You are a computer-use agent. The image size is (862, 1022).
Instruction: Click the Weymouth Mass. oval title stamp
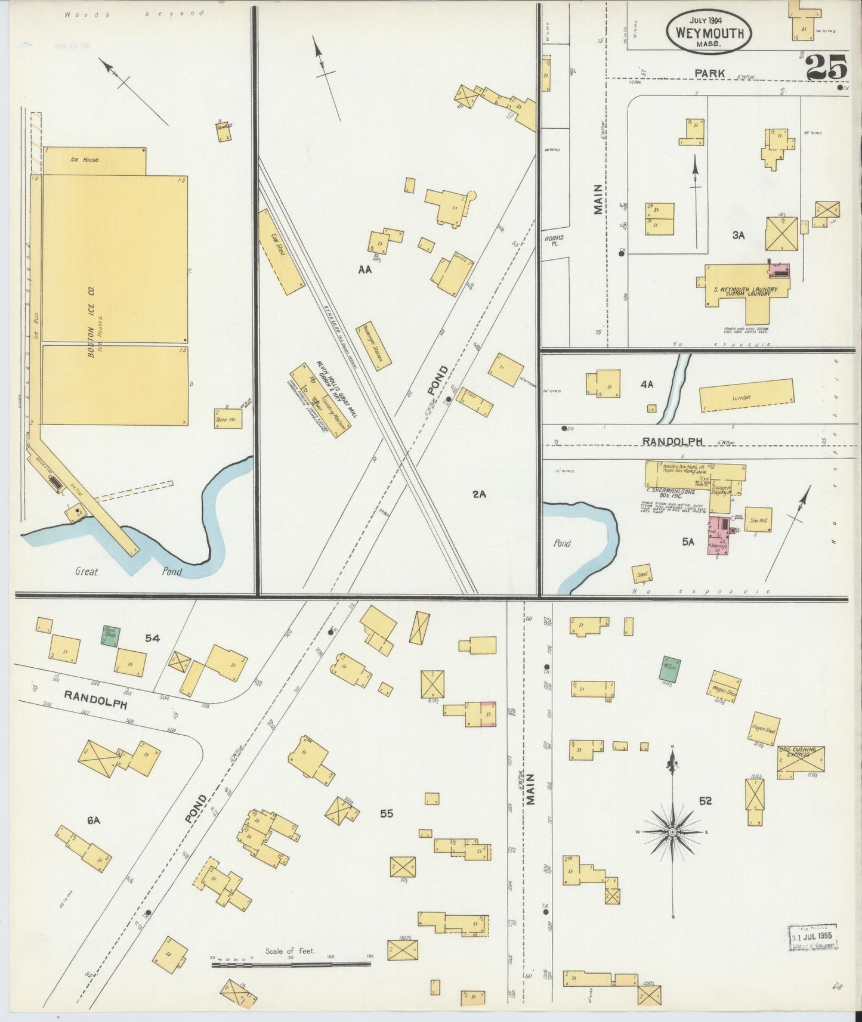pos(709,31)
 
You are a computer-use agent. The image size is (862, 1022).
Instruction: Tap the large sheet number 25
pos(826,67)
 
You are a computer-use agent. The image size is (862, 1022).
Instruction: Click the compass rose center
pos(672,831)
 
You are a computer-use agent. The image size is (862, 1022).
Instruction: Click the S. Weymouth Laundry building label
pos(746,290)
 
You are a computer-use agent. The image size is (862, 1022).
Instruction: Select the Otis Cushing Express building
pos(801,761)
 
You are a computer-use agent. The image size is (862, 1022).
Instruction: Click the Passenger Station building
pos(374,346)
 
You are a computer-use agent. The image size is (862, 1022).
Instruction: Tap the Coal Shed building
pos(280,251)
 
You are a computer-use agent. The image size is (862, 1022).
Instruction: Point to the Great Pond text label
pos(128,571)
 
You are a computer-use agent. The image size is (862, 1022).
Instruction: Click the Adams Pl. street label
pos(554,240)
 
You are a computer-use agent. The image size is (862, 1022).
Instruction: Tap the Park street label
pos(709,73)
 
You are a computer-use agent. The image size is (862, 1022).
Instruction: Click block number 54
pos(152,638)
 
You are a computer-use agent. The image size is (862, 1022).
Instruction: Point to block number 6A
pos(93,820)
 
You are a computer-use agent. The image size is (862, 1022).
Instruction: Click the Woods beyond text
pos(134,13)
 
